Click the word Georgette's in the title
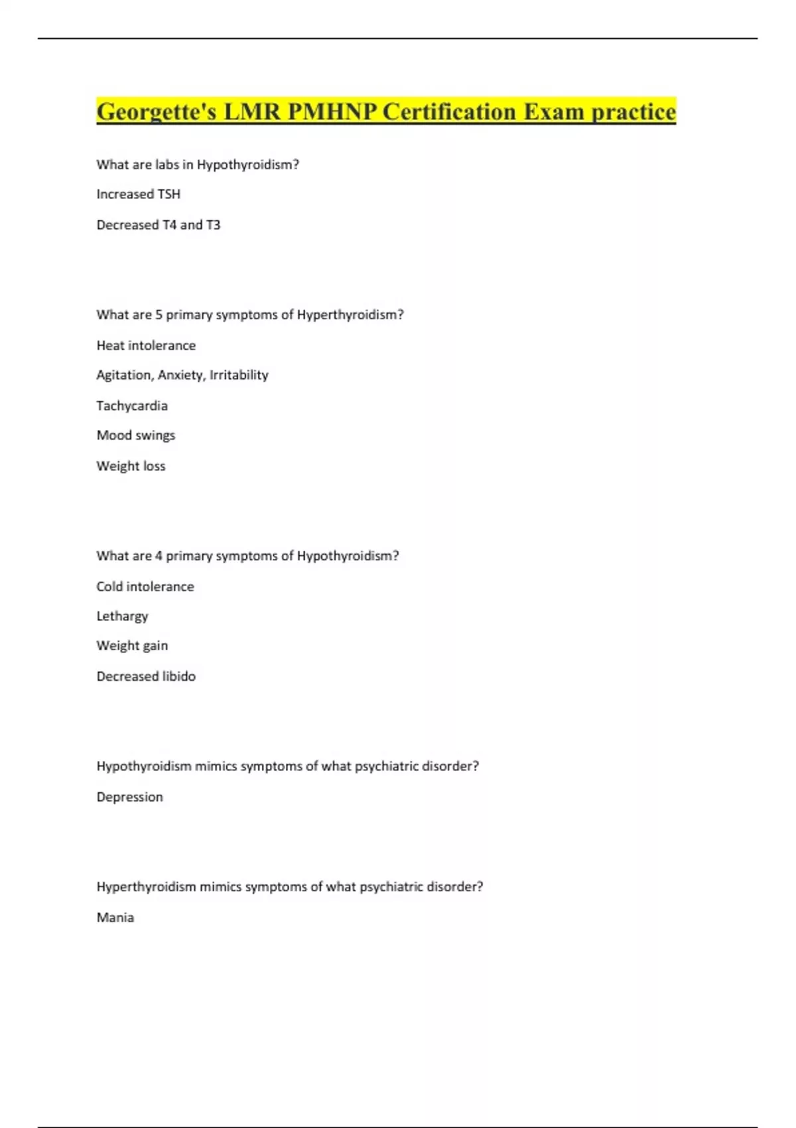pyautogui.click(x=157, y=111)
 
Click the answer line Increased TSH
pyautogui.click(x=138, y=194)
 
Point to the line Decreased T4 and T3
pyautogui.click(x=158, y=225)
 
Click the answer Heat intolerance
pyautogui.click(x=146, y=346)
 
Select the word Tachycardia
pyautogui.click(x=132, y=405)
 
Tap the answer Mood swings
pyautogui.click(x=136, y=435)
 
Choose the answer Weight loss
pyautogui.click(x=131, y=466)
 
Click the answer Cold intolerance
pyautogui.click(x=145, y=587)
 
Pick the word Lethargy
pyautogui.click(x=122, y=616)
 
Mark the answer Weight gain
pyautogui.click(x=132, y=646)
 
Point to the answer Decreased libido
pyautogui.click(x=146, y=676)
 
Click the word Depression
pyautogui.click(x=129, y=797)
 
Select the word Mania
pyautogui.click(x=115, y=918)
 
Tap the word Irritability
pyautogui.click(x=239, y=375)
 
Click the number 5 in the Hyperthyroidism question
pyautogui.click(x=159, y=315)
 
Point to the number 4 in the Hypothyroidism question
pyautogui.click(x=159, y=556)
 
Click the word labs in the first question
pyautogui.click(x=167, y=165)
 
